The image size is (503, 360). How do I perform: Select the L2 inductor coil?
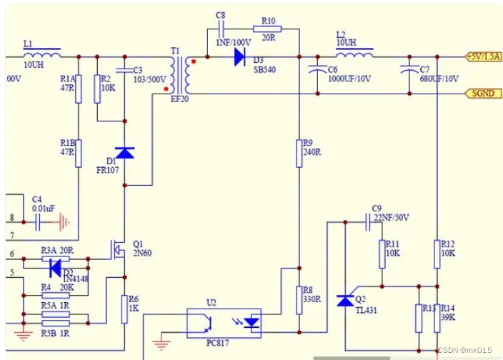pos(354,55)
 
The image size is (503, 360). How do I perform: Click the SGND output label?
pos(482,94)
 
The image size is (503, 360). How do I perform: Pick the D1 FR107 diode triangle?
pos(125,152)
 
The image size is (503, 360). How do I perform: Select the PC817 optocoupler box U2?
pos(224,323)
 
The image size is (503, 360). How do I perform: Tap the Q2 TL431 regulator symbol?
pos(345,300)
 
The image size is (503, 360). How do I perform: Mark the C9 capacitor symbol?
pos(368,222)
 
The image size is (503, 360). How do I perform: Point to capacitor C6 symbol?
pos(314,70)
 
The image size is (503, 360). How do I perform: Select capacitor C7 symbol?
pos(408,70)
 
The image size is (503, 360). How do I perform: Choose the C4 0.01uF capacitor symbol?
pos(38,223)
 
